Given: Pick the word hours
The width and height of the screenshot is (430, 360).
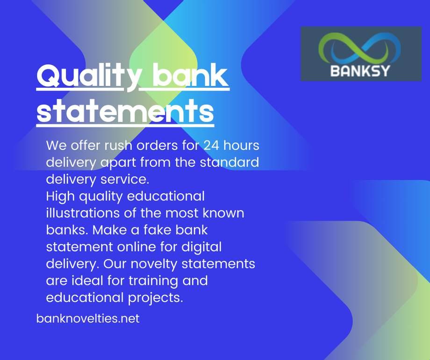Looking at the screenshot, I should pyautogui.click(x=241, y=145).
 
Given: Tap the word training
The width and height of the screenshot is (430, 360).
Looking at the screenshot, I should pyautogui.click(x=151, y=281).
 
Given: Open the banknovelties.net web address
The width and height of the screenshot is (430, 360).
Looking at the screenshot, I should pyautogui.click(x=88, y=319).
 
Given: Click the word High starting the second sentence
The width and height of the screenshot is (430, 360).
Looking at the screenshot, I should pyautogui.click(x=61, y=196).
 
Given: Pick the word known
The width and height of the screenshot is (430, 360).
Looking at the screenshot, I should pyautogui.click(x=223, y=213).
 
